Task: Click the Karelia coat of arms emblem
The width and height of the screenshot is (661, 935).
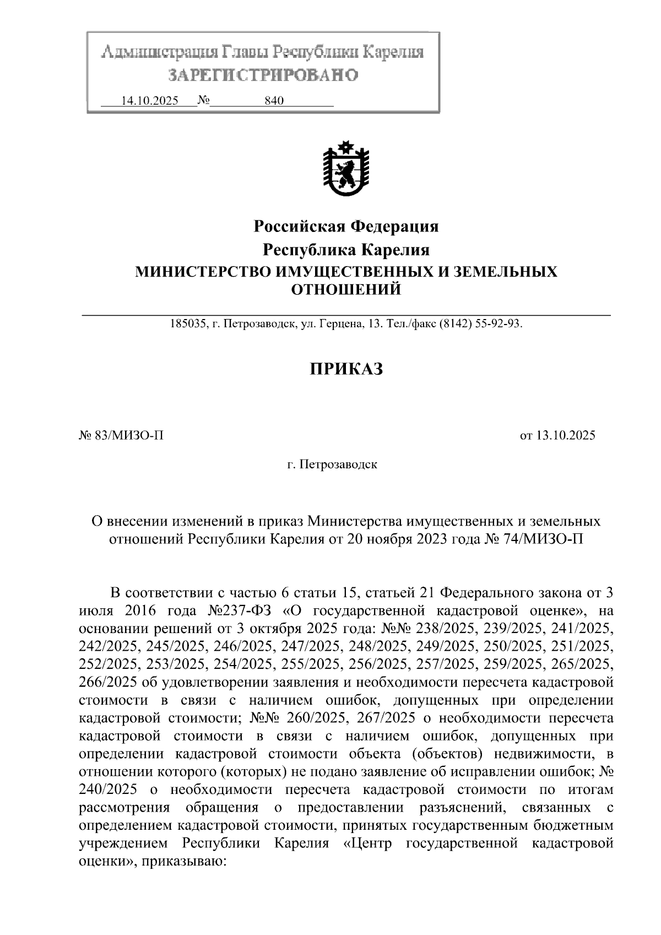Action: pos(345,169)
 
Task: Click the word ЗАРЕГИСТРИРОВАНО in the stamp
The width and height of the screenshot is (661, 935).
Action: pos(263,75)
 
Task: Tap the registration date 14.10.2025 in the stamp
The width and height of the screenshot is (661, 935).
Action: pos(150,101)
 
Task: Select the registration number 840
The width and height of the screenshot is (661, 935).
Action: pos(274,101)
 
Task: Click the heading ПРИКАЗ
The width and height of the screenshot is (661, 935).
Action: pos(345,369)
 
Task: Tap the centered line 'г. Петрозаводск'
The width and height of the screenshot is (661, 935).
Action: pos(332,464)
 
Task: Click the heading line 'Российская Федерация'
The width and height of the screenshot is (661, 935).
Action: pos(345,226)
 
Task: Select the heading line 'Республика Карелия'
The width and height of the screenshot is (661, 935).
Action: pos(345,250)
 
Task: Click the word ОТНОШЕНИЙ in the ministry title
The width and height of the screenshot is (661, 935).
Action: pos(345,289)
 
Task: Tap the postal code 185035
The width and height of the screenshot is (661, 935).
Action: pos(187,324)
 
